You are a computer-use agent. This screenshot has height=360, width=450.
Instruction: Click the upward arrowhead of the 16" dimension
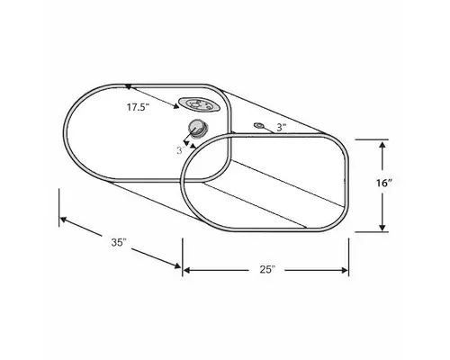(x=384, y=144)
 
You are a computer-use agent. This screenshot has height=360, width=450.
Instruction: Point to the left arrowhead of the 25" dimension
(x=187, y=269)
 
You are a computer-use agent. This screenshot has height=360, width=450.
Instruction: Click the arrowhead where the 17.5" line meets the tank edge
(x=130, y=87)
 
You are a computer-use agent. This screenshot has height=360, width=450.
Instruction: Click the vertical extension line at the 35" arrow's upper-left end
(x=59, y=204)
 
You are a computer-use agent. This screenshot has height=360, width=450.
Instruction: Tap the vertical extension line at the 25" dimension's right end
(x=349, y=256)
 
